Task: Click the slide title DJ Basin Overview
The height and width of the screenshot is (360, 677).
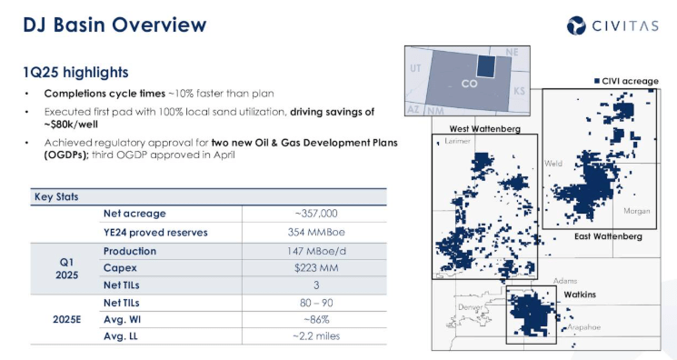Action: point(114,25)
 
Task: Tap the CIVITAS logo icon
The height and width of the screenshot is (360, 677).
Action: point(579,25)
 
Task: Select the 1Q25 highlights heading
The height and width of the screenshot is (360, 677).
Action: point(75,72)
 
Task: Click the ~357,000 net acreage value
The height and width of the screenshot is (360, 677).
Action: point(315,213)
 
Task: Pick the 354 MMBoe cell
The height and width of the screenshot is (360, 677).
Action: point(315,232)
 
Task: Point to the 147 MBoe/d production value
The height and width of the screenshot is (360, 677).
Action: point(315,251)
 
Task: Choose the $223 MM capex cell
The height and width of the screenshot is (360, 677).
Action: point(315,269)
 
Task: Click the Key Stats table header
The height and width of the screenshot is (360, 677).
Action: point(56,195)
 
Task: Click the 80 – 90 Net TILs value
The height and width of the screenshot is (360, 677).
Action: point(315,302)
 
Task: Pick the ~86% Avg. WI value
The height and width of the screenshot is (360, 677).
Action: point(315,320)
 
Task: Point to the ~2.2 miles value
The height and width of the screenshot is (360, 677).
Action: point(315,337)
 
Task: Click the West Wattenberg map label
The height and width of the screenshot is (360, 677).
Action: point(484,129)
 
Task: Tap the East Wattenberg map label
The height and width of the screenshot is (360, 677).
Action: point(608,236)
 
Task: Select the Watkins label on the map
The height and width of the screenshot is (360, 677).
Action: point(580,295)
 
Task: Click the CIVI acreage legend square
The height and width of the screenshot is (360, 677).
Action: point(597,82)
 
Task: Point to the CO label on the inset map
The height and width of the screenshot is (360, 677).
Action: point(469,84)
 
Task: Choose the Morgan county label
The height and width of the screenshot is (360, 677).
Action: point(636,211)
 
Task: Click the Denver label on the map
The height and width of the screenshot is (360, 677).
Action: point(471,307)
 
